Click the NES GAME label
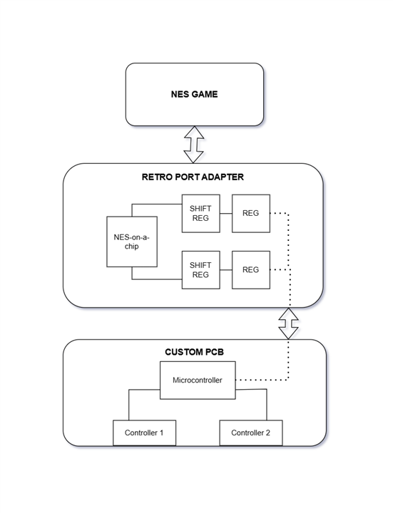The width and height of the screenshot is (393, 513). [194, 94]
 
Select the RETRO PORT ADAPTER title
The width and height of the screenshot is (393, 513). [193, 177]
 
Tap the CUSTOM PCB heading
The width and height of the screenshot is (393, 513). [194, 352]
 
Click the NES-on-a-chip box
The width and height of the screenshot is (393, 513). [132, 242]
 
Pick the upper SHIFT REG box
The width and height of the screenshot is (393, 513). [200, 213]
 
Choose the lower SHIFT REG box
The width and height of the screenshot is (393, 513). [200, 270]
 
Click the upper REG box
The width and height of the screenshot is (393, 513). [251, 213]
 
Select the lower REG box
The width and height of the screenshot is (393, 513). [251, 270]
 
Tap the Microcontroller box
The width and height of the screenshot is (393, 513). [198, 380]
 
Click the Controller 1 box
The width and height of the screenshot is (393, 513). [144, 433]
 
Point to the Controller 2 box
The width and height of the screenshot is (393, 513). [251, 433]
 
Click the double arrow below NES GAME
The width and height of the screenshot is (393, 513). [194, 144]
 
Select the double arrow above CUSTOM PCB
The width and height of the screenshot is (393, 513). [289, 323]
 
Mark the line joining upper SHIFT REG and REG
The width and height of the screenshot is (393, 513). [226, 213]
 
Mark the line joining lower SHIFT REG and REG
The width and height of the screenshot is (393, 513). [226, 270]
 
